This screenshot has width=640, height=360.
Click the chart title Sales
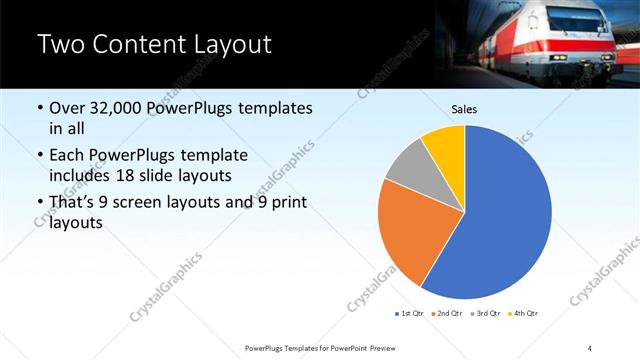pos(464,108)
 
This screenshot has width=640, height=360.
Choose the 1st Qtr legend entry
pos(410,314)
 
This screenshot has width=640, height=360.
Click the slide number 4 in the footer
pos(590,347)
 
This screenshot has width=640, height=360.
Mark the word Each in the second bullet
pos(69,156)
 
